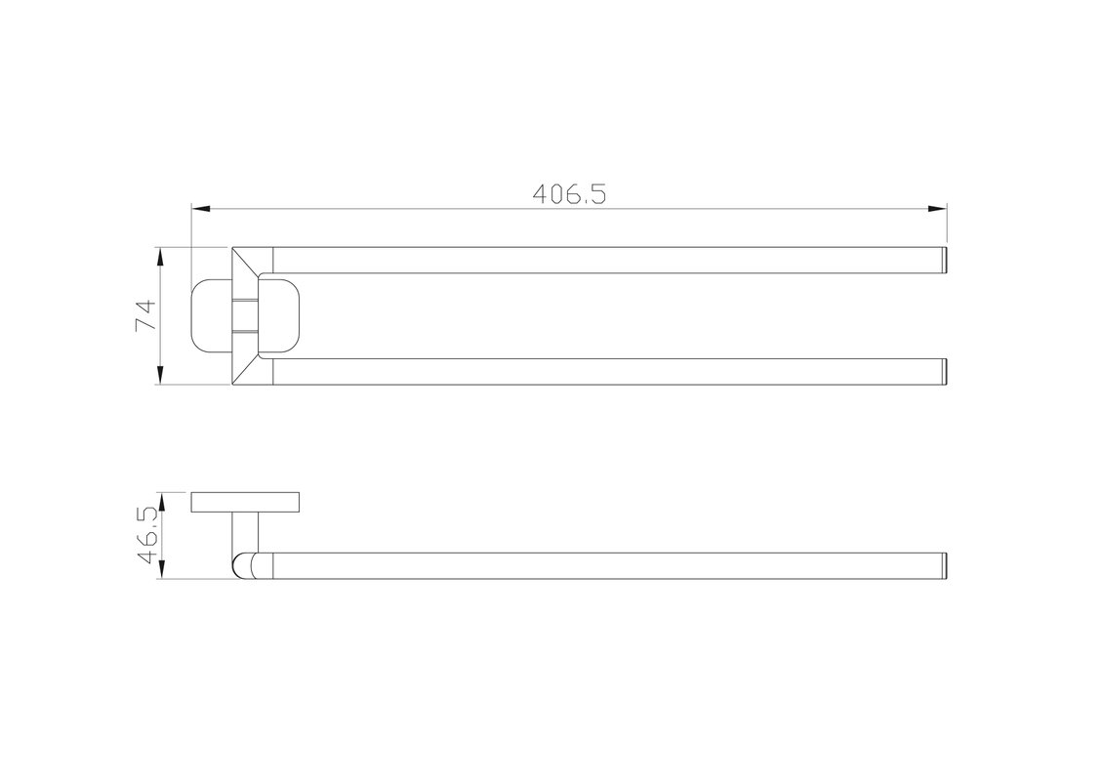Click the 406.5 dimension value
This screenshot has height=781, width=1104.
569,193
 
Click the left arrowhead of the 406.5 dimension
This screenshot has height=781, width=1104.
201,209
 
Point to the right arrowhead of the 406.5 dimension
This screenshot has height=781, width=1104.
937,209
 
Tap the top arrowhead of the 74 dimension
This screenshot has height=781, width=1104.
161,257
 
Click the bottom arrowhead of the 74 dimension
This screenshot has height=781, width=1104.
161,375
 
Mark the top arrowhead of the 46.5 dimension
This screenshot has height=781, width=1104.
161,502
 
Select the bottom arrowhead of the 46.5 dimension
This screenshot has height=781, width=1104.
161,570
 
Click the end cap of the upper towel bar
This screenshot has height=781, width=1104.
945,261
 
